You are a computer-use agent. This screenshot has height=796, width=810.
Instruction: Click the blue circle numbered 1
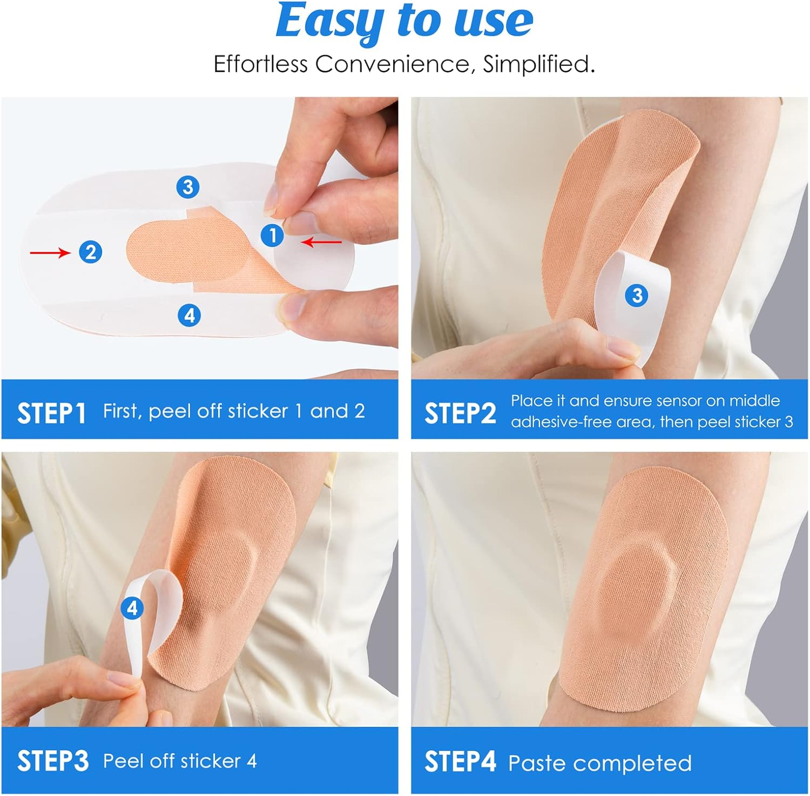pyautogui.click(x=272, y=236)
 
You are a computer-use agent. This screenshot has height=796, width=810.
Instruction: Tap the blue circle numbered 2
pyautogui.click(x=90, y=252)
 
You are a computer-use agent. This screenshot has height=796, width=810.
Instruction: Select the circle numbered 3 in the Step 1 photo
pyautogui.click(x=187, y=187)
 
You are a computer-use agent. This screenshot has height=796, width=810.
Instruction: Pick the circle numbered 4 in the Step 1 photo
pyautogui.click(x=189, y=315)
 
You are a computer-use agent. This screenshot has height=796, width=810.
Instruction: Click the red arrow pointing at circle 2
pyautogui.click(x=50, y=252)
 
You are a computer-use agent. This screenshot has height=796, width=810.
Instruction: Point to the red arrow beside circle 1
pyautogui.click(x=322, y=243)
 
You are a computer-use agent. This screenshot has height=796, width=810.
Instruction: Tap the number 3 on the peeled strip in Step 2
pyautogui.click(x=637, y=295)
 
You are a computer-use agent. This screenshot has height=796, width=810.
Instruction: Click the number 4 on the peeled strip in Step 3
pyautogui.click(x=132, y=608)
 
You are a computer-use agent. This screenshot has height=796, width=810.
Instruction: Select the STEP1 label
pyautogui.click(x=51, y=414)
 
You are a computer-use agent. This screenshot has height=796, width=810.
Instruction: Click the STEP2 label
pyautogui.click(x=460, y=414)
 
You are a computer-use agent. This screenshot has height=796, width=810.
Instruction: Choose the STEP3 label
pyautogui.click(x=52, y=761)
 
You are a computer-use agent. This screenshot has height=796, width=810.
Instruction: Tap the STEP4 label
pyautogui.click(x=460, y=761)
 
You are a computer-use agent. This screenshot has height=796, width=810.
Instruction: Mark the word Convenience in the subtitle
pyautogui.click(x=392, y=64)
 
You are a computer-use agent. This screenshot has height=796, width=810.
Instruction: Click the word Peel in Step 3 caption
pyautogui.click(x=123, y=761)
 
